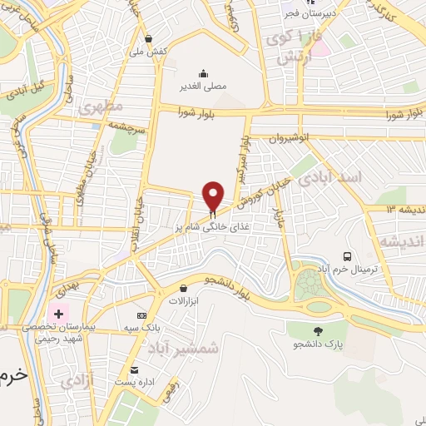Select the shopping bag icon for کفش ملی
point(148,37)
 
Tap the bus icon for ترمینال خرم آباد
point(347,256)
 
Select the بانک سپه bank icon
point(141,316)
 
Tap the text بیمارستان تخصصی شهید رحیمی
point(83,334)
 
